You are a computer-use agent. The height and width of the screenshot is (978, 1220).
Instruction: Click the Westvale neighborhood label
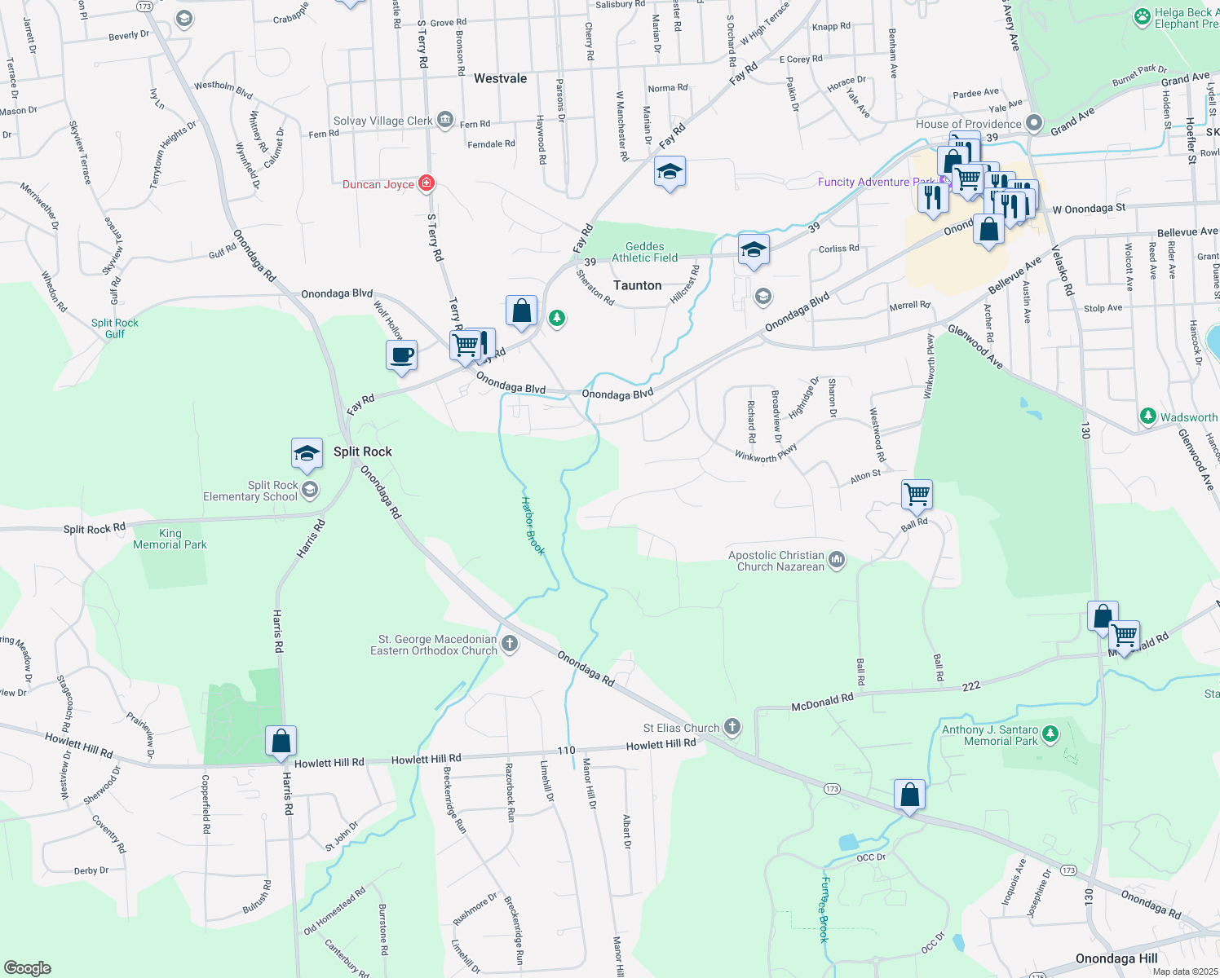pos(500,78)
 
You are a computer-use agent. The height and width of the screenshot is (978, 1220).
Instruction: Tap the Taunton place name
pos(637,285)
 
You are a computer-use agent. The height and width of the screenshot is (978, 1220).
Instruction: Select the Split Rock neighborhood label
pos(362,452)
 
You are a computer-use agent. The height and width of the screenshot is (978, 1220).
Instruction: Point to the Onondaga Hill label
pos(1116,958)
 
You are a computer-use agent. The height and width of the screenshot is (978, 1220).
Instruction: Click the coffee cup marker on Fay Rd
pos(401,356)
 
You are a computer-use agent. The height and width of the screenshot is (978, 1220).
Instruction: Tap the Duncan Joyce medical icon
pos(426,183)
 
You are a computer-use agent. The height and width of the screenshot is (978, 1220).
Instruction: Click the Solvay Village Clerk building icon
pos(445,121)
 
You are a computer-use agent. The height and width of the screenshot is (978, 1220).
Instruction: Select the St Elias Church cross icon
pos(732,727)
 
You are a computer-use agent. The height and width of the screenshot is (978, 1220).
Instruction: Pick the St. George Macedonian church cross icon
pos(510,644)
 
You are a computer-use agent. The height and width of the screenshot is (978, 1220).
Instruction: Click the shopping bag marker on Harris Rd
pos(281,742)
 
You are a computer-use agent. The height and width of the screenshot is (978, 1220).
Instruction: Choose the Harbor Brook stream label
pos(533,526)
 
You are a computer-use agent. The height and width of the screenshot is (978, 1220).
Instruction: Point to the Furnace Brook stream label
pos(824,910)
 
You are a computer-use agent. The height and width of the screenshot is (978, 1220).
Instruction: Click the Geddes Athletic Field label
pos(644,252)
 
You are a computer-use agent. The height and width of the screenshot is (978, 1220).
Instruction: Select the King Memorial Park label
pos(170,539)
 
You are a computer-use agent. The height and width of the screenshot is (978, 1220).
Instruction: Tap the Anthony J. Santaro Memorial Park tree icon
pos(1050,734)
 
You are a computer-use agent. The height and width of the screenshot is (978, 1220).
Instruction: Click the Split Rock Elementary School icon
pos(309,490)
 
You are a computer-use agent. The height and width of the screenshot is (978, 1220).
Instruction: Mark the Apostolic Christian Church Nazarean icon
pos(837,560)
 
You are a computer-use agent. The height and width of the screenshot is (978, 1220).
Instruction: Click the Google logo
pos(27,967)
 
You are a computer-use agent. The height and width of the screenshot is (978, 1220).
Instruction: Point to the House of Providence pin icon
pos(1034,124)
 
